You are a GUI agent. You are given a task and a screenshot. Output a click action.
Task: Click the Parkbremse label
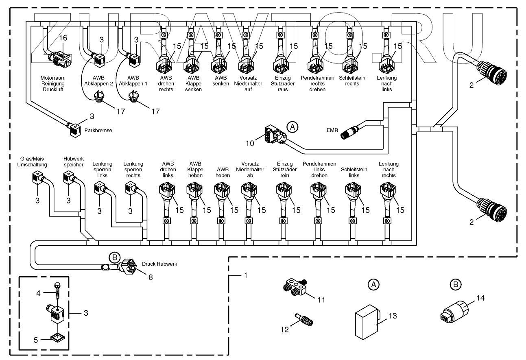pos(98,131)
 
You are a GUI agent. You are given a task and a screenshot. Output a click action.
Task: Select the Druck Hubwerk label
pos(159,264)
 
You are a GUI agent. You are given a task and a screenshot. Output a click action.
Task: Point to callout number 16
pos(63,38)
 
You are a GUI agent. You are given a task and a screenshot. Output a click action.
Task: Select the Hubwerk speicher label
pos(73,162)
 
